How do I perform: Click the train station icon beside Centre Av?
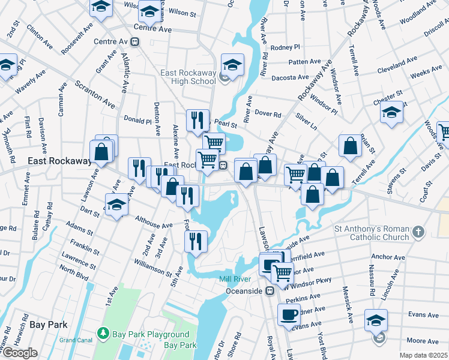136,41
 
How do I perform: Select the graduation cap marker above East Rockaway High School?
232,65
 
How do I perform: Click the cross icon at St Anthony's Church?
419,232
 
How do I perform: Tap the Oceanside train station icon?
270,291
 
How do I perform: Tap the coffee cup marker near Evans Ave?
289,314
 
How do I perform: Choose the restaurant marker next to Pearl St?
197,120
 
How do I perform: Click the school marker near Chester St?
391,112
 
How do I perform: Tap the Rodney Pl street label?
285,47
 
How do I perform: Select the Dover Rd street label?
268,114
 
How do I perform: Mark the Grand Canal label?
76,340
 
